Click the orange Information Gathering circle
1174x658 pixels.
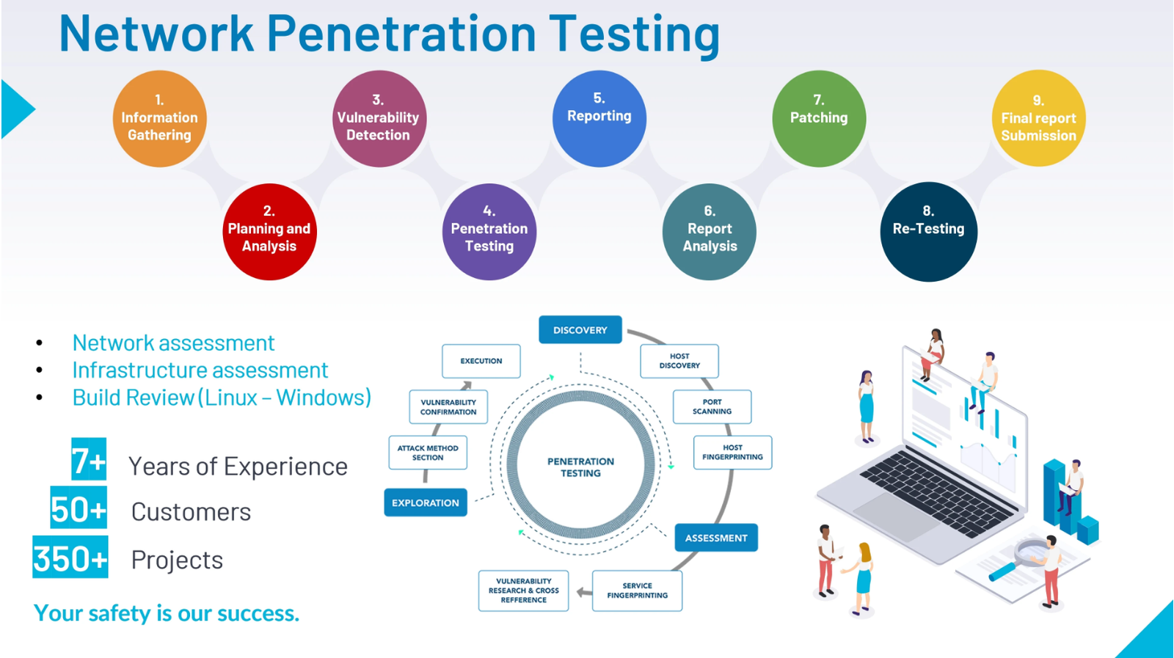coord(159,119)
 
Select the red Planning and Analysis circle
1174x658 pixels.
coord(269,232)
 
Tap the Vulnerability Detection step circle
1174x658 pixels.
coord(379,119)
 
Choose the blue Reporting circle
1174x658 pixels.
coord(599,119)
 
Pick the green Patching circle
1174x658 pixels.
coord(819,119)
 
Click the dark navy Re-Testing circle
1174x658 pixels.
coord(928,232)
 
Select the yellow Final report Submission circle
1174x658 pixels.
coord(1038,119)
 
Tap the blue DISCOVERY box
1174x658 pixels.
coord(580,330)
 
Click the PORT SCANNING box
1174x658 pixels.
coord(712,407)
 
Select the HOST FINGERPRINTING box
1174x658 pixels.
coord(732,453)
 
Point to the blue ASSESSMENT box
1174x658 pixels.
coord(716,538)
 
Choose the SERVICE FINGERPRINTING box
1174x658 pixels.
coord(637,591)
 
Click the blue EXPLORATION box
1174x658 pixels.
coord(426,502)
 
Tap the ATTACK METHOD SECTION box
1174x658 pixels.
coord(428,453)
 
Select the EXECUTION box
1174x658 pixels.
coord(481,361)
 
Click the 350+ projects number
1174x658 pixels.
coord(70,559)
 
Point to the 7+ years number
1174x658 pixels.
coord(89,461)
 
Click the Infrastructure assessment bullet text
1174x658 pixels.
coord(200,370)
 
